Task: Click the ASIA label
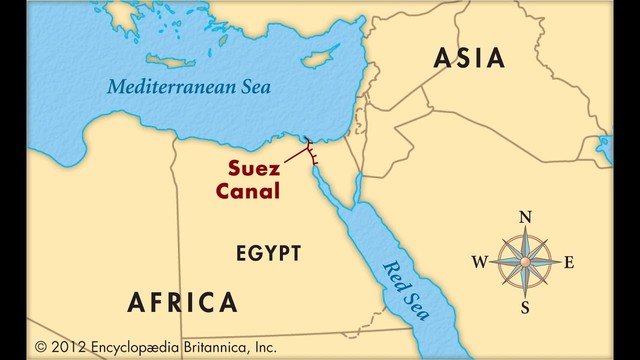coord(469,59)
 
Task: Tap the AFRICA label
coord(183,302)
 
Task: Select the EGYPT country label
coord(268,253)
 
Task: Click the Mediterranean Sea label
coord(189,86)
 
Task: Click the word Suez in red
coord(252,167)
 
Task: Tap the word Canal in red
coord(251,189)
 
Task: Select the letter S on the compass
coord(525,308)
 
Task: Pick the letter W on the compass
coord(479,263)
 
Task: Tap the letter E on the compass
coord(569,263)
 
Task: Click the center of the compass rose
coord(525,262)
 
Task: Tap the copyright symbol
coord(41,347)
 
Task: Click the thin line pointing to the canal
coord(292,155)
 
